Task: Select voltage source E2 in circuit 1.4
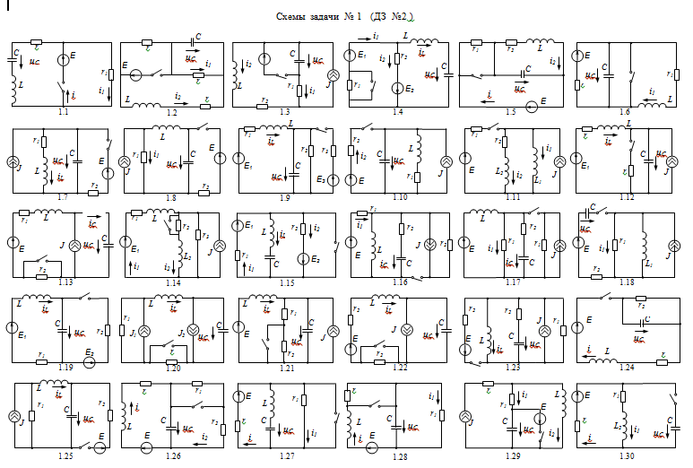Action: point(397,88)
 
